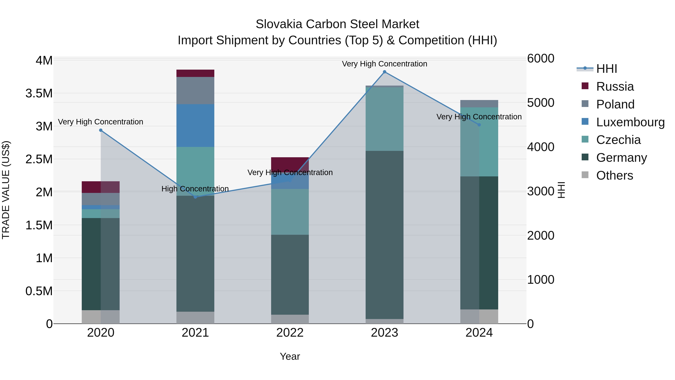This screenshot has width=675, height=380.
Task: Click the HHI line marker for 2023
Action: (x=384, y=72)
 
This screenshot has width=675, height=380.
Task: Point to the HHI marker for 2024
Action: (x=479, y=125)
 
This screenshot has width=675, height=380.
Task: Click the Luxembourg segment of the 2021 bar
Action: (x=195, y=125)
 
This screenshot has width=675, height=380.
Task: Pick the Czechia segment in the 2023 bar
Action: (x=384, y=119)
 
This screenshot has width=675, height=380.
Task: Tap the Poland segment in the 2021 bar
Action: (x=195, y=90)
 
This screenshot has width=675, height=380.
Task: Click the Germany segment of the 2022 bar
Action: (x=290, y=274)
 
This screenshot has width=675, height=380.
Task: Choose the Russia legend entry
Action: (x=615, y=87)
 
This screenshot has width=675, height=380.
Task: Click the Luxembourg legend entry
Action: (x=630, y=122)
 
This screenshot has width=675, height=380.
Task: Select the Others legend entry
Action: (x=614, y=175)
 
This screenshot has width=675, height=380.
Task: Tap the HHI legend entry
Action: (x=607, y=69)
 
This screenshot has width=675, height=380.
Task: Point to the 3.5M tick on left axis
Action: (x=39, y=94)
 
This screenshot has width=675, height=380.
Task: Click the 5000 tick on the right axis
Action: (x=541, y=103)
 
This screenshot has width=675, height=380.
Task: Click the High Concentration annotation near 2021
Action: (x=195, y=189)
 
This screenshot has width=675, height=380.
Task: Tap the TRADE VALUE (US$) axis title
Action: (x=6, y=190)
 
